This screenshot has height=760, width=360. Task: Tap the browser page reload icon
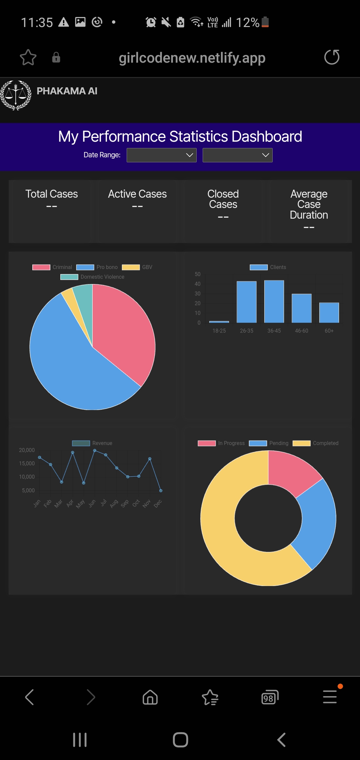pos(332,57)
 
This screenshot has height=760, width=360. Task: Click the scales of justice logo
pos(16,95)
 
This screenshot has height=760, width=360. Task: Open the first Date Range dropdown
pos(162,155)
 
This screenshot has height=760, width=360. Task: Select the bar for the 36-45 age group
pos(274,301)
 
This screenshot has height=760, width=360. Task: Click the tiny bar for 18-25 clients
pos(219,322)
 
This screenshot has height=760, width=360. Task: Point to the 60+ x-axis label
pos(329,331)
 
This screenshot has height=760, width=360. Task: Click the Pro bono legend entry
pos(97,267)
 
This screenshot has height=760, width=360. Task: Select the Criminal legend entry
pos(52,267)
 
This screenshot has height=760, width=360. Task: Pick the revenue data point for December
pos(161,491)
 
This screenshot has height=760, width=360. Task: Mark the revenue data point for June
pos(95,450)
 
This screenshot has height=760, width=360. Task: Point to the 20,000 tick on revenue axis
pos(27,450)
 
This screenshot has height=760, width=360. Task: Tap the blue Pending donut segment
pos(317,523)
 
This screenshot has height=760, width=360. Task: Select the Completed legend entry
pos(315,443)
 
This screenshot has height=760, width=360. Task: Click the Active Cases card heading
pos(137,194)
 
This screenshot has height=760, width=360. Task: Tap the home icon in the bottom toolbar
pos(150,697)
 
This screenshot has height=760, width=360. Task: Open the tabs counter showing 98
pos(270,697)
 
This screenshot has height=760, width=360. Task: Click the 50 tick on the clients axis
pos(198,274)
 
